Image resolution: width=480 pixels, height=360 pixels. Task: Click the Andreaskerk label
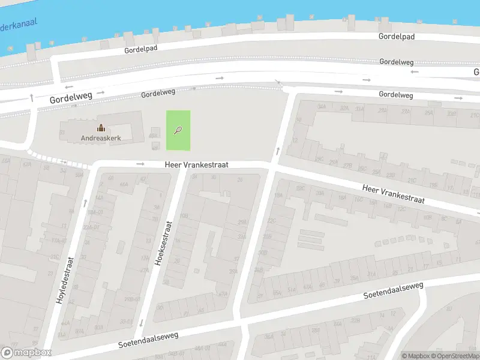coord(101,138)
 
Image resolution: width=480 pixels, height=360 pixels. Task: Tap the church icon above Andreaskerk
coord(101,128)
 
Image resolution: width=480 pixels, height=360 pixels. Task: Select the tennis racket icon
coord(178,129)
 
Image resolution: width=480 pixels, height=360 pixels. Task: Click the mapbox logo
coord(26,353)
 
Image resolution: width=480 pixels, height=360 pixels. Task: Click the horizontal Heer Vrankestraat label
coord(197,164)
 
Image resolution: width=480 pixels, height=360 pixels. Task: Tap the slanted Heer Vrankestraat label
coord(393,194)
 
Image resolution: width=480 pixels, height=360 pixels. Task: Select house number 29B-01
coord(125,298)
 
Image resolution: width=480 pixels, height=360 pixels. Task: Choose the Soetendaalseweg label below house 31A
coord(394,290)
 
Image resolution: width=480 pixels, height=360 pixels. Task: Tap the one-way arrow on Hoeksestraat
coord(140,323)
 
